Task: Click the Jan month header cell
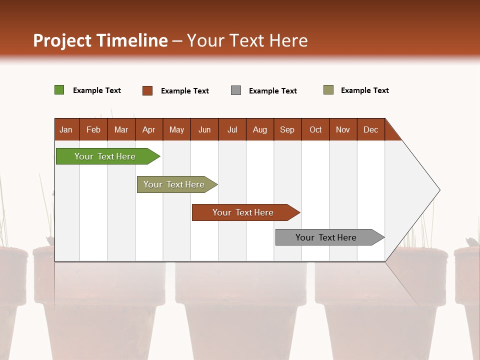point(66,129)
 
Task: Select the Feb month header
point(93,129)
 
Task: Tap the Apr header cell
point(148,129)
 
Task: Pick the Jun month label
point(204,129)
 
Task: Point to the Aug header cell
point(259,129)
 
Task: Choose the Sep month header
point(287,129)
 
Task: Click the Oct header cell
point(315,129)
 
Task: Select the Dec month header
point(370,129)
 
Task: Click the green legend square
point(59,90)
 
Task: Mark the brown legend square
point(147,90)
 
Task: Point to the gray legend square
point(236,90)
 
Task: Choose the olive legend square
point(328,90)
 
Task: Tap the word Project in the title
point(62,40)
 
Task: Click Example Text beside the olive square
point(364,90)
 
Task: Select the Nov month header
point(343,129)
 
